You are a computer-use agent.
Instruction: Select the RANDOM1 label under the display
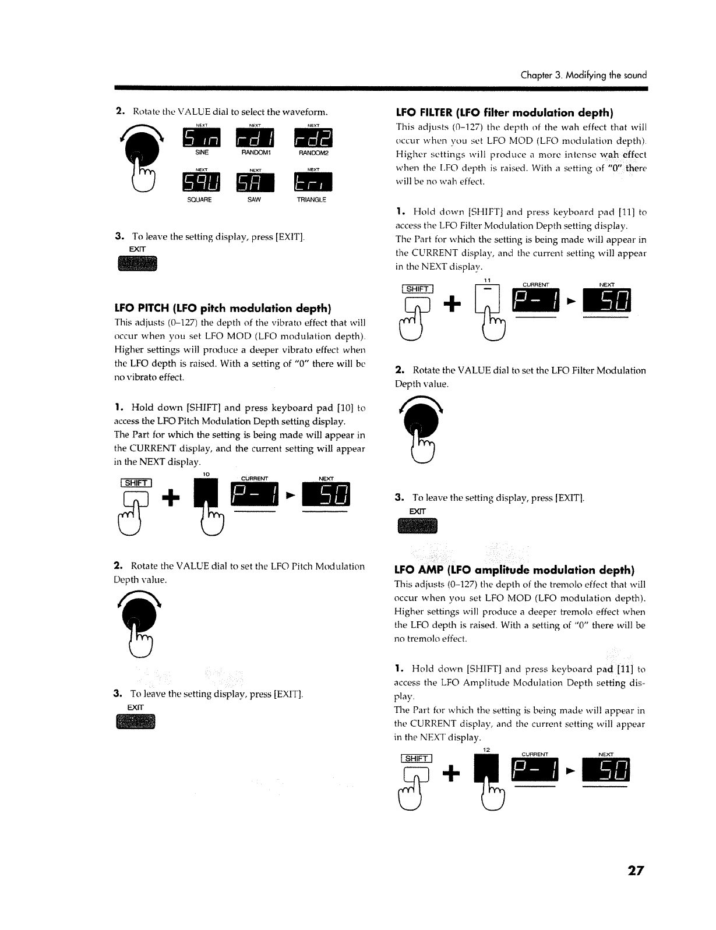[257, 151]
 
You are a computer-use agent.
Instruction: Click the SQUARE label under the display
[199, 199]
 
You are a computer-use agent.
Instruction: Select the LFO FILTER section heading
[505, 112]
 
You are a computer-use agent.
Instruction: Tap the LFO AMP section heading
[514, 569]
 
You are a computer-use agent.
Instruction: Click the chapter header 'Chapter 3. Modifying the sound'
[584, 75]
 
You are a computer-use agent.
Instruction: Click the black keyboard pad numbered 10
[206, 492]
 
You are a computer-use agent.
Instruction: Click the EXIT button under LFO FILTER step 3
[417, 527]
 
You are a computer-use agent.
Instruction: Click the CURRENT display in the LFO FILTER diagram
[534, 300]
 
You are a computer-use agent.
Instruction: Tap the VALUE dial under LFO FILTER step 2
[420, 420]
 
